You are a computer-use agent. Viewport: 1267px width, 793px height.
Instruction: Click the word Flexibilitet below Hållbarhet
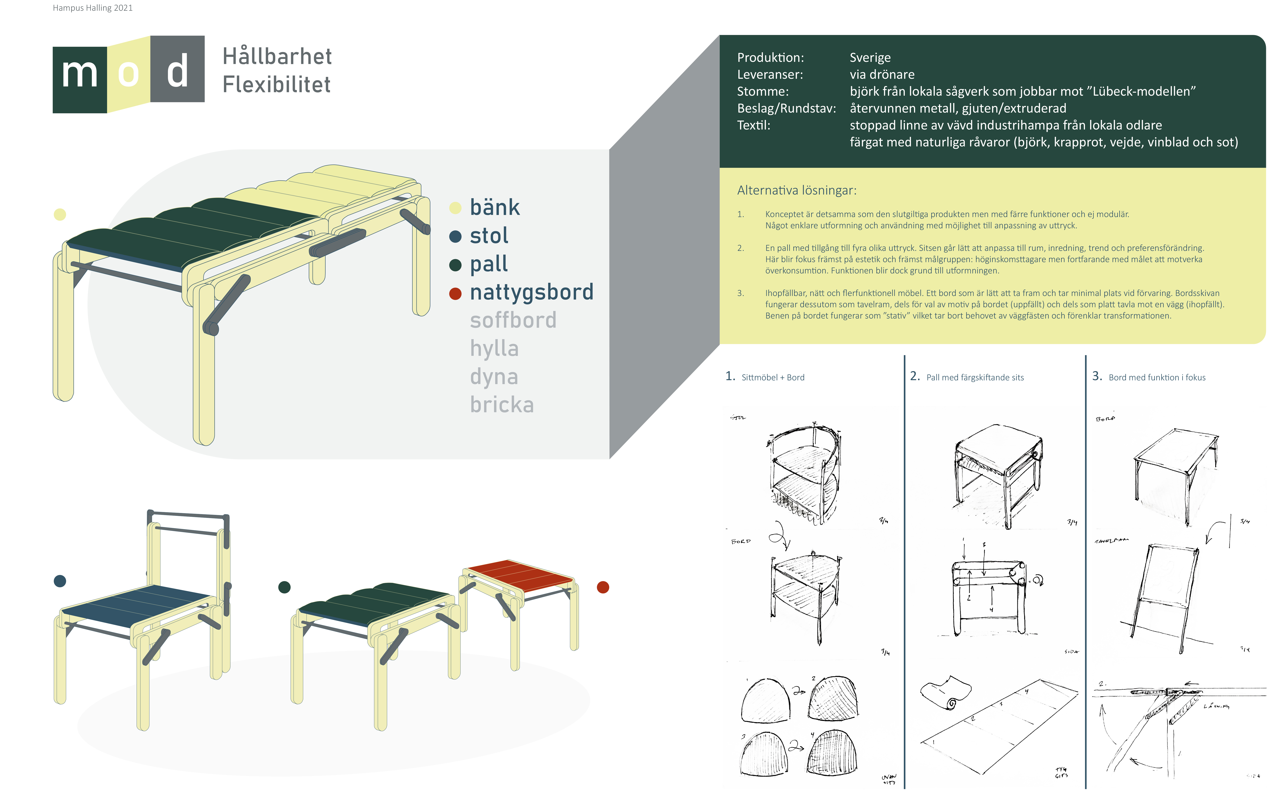pos(276,84)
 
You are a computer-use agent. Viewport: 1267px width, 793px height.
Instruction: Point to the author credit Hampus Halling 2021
pos(93,8)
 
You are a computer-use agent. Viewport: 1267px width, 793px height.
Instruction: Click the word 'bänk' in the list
pos(494,208)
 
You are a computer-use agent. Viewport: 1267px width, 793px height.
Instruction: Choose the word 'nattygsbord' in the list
pos(531,292)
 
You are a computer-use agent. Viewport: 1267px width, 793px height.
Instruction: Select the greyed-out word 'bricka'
pos(502,405)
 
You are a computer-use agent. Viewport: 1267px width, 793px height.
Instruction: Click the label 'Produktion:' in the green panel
pos(770,58)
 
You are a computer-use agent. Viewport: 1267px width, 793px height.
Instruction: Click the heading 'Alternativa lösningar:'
pos(796,190)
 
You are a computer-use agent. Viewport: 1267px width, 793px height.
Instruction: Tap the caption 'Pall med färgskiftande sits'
pos(974,378)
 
